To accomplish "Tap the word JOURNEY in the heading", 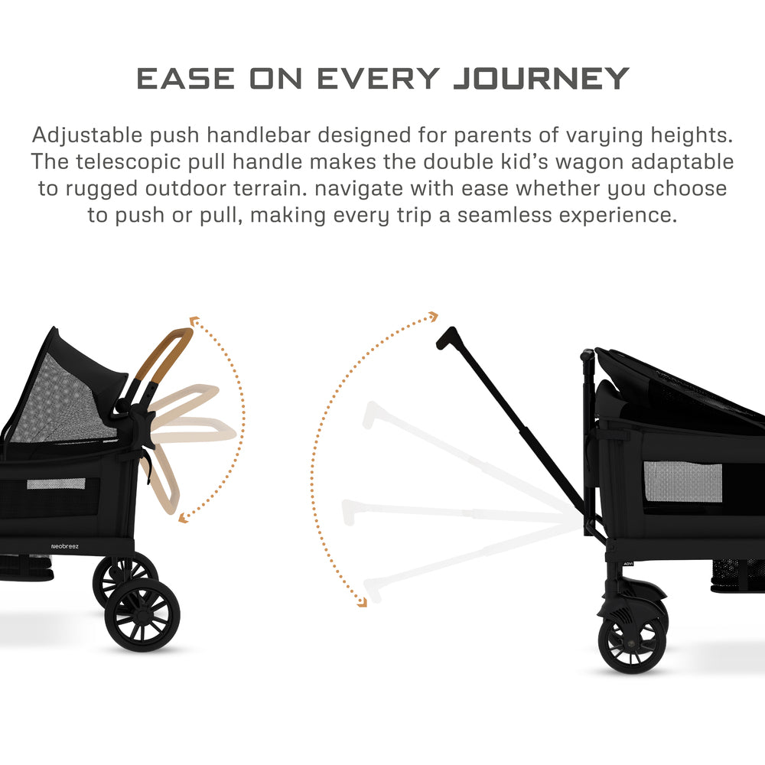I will tap(542, 78).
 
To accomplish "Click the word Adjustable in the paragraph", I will tap(83, 136).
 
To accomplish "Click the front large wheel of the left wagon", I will tap(142, 614).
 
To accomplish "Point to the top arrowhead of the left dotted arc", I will tap(193, 321).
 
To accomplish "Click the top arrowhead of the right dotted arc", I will tap(433, 316).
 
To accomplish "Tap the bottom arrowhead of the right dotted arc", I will tap(362, 602).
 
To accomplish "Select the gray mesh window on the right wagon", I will tap(682, 482).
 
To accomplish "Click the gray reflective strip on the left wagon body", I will tap(56, 483).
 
